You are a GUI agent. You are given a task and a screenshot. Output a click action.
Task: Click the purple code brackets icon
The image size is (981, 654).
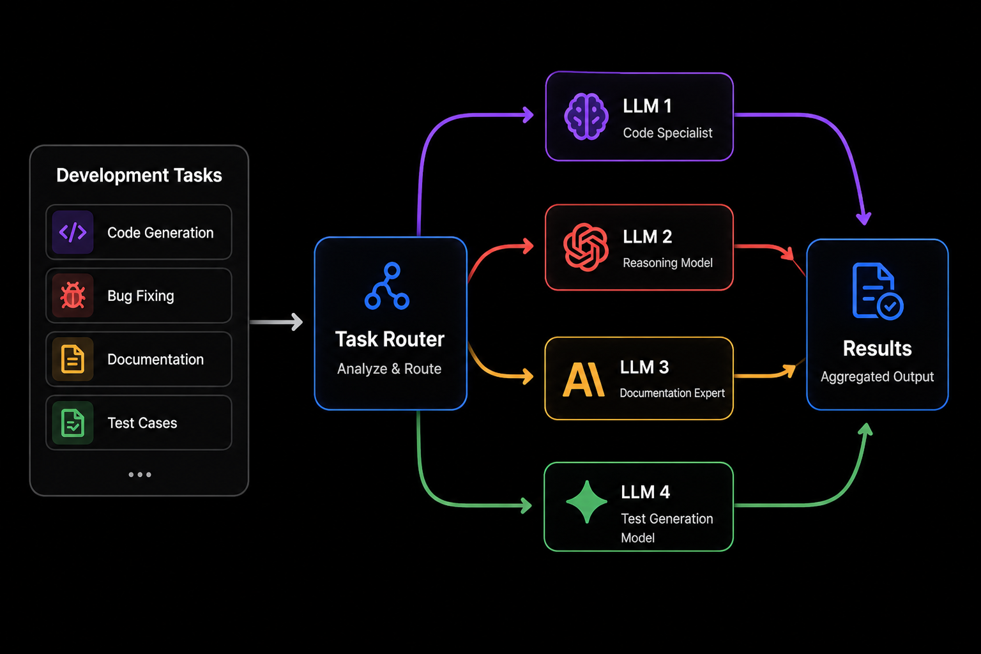(x=73, y=232)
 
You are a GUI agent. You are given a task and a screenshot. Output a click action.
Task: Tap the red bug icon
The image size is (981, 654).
(x=73, y=295)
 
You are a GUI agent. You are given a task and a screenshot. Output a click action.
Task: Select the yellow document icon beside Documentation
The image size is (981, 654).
(x=73, y=359)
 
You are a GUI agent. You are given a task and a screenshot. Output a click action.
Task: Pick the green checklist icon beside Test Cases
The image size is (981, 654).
(x=73, y=423)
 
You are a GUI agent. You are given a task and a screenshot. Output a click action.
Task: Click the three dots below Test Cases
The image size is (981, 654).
(x=140, y=475)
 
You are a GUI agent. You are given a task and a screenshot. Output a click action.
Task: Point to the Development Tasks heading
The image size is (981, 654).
(x=139, y=175)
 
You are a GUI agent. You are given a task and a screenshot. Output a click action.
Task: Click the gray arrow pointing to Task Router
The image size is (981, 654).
(x=277, y=322)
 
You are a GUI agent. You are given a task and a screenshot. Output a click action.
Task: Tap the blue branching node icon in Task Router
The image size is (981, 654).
(x=387, y=286)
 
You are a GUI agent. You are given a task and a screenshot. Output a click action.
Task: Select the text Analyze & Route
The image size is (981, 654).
(x=390, y=369)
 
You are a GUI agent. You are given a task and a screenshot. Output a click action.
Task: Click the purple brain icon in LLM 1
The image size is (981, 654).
(x=586, y=116)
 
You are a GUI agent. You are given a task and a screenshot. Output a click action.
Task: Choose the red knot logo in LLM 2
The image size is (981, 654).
(x=586, y=247)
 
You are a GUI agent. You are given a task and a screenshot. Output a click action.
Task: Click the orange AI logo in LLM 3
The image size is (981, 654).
(x=584, y=380)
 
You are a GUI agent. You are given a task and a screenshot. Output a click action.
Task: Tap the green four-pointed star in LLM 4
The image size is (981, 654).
(x=587, y=502)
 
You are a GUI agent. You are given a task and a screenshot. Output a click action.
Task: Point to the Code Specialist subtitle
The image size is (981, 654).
(x=667, y=133)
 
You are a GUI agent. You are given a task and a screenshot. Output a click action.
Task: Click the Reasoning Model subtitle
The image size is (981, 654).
(x=667, y=262)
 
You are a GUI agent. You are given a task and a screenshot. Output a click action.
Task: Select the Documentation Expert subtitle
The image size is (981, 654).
(x=673, y=393)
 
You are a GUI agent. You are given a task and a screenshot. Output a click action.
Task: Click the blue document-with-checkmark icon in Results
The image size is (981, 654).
(x=878, y=291)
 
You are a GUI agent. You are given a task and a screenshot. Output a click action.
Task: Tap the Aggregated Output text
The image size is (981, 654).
(x=877, y=377)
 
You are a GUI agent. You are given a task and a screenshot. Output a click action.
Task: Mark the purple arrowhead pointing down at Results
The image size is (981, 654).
(x=863, y=218)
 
